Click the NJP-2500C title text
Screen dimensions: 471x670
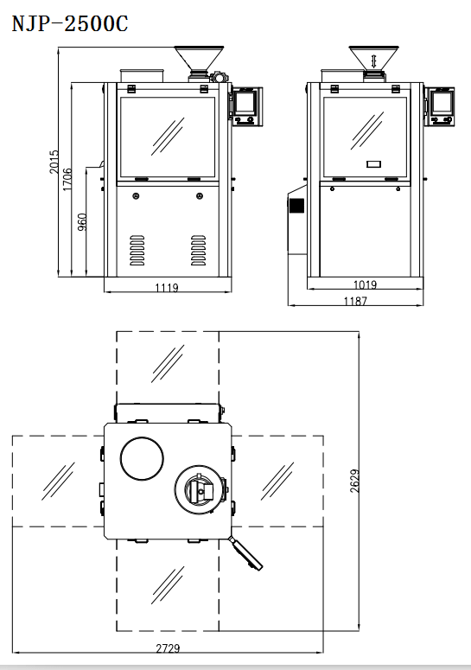(x=70, y=23)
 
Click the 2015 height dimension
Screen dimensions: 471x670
(x=54, y=162)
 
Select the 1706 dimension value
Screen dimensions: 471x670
(x=67, y=180)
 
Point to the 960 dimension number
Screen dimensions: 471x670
(x=82, y=222)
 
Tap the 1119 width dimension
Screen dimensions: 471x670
(x=167, y=288)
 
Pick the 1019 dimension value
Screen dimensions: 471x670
(x=365, y=284)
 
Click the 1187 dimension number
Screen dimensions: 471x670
(x=355, y=301)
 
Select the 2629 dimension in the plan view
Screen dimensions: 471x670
(x=355, y=482)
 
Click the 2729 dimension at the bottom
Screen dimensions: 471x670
(x=168, y=648)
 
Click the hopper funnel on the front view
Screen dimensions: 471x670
(x=199, y=59)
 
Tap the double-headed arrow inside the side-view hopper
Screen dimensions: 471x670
(x=374, y=61)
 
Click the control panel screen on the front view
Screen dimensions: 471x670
(x=245, y=103)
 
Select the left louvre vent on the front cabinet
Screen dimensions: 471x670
(x=137, y=250)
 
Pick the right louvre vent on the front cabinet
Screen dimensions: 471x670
(x=198, y=250)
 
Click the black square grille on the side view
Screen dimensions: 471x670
(x=296, y=206)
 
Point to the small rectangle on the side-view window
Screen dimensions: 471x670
(x=373, y=163)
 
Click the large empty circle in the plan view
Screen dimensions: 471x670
(x=142, y=458)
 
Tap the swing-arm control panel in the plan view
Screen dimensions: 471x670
(x=246, y=553)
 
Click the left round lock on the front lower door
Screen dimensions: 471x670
(x=136, y=196)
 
